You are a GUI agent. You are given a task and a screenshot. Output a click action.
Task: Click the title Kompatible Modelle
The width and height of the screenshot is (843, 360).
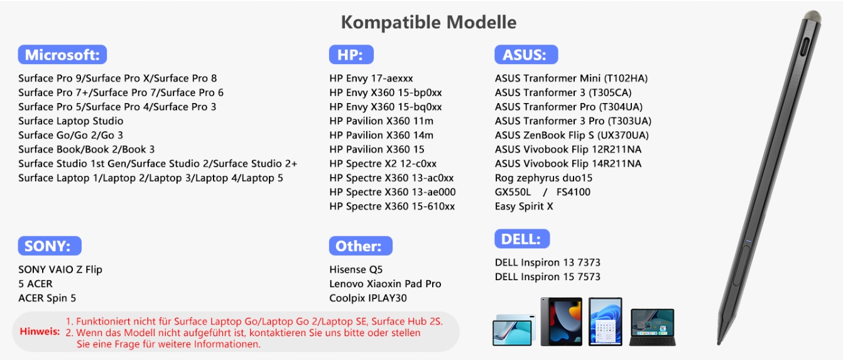tap(428, 22)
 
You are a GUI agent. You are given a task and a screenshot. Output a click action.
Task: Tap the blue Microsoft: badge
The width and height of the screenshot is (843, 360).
tap(62, 55)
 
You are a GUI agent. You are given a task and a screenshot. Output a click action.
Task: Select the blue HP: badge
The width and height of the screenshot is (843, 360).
tap(351, 55)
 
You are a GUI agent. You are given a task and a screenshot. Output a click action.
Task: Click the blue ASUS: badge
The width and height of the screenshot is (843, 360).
tap(526, 55)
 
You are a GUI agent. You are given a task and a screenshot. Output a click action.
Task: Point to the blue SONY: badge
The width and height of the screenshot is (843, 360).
tap(50, 246)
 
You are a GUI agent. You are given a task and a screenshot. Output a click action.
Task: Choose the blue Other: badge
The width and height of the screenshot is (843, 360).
tap(361, 246)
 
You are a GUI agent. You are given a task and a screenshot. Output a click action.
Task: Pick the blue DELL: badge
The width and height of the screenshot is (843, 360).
tap(522, 239)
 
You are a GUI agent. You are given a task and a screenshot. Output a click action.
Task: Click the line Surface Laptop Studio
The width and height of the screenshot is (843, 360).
tap(71, 121)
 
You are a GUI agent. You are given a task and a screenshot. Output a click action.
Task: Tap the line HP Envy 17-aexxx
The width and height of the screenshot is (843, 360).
tap(371, 79)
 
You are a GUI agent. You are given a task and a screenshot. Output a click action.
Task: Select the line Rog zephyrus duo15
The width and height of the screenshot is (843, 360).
tap(543, 178)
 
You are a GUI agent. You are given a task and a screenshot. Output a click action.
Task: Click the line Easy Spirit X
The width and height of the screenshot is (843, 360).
tap(524, 206)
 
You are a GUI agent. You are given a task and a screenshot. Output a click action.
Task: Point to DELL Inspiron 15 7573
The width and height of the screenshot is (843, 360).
tap(548, 277)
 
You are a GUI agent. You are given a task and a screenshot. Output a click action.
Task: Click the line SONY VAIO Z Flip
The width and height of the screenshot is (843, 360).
tap(60, 270)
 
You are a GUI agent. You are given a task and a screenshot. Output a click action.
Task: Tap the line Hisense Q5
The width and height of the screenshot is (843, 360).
tap(356, 270)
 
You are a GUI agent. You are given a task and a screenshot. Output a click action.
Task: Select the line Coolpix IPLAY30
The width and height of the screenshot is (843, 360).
tap(368, 298)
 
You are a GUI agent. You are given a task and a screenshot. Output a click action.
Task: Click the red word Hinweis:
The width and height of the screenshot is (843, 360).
tap(40, 331)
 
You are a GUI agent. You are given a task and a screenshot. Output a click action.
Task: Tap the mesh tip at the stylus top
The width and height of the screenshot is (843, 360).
tap(813, 16)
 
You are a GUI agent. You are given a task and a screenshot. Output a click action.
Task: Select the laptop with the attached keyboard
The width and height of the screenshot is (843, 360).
tap(653, 327)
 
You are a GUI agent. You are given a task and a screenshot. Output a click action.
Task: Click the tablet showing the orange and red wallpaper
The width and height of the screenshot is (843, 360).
tap(562, 322)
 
